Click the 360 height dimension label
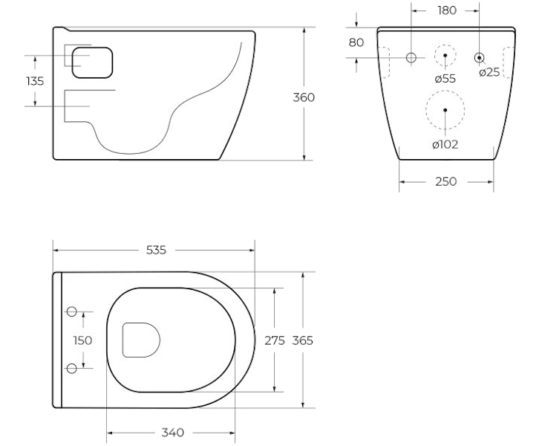(x=304, y=97)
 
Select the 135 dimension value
(x=35, y=81)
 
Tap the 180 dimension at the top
(x=447, y=10)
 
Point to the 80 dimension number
(x=356, y=42)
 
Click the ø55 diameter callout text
(x=445, y=79)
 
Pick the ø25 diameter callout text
(x=489, y=72)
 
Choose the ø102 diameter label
(x=445, y=144)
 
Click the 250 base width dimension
(x=446, y=181)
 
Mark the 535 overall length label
(x=156, y=250)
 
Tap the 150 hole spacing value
(x=82, y=340)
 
